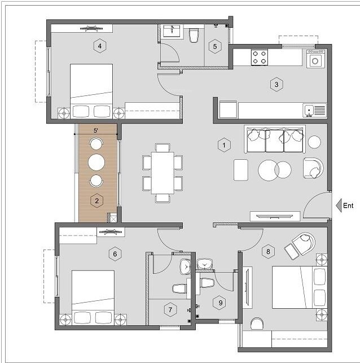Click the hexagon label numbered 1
224,145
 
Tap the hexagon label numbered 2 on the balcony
97,200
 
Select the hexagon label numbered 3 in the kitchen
276,85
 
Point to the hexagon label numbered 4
100,46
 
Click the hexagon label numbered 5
214,46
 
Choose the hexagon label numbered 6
115,254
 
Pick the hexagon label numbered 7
169,309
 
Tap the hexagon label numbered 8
268,252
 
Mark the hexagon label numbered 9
221,303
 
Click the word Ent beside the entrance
348,205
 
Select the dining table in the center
163,173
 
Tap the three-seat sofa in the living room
275,139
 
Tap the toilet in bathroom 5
194,36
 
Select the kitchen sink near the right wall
314,110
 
